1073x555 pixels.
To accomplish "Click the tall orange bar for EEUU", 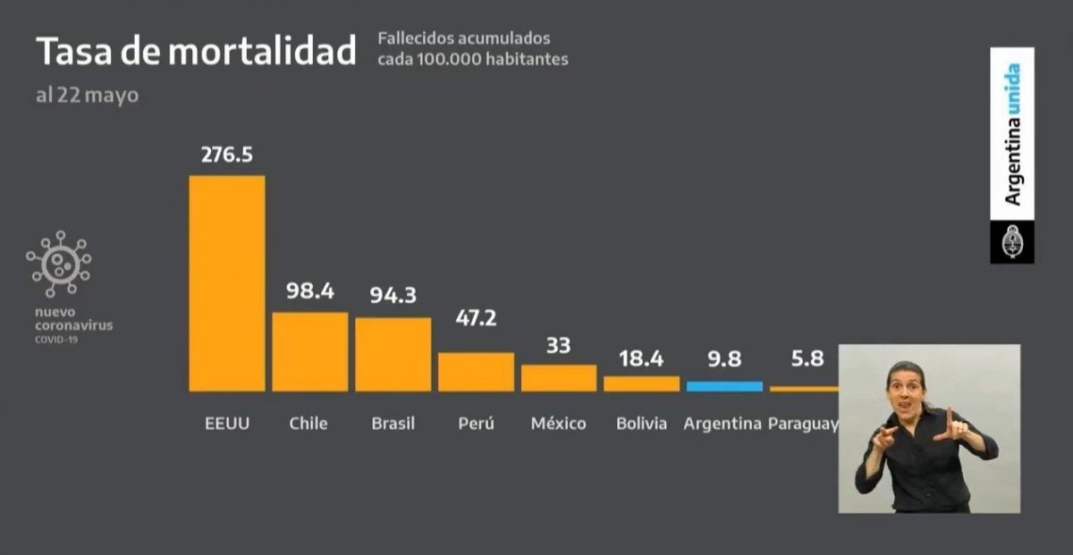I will tap(227, 283).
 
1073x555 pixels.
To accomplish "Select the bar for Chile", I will tap(309, 351).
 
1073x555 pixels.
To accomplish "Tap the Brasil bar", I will tap(393, 354).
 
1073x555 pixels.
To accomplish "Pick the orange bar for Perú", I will tap(476, 372).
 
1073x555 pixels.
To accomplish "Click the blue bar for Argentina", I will tap(724, 386).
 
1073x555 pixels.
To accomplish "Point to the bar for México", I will tap(559, 377).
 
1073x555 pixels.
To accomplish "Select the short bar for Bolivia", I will tap(641, 383).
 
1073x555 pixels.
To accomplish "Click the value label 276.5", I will tap(227, 155).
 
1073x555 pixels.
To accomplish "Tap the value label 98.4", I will tap(309, 291).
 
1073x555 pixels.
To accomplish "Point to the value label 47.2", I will tap(476, 318).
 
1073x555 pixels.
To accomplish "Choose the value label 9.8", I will tap(724, 358).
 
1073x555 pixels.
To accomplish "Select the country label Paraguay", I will tap(803, 423).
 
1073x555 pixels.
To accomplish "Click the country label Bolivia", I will tap(641, 423).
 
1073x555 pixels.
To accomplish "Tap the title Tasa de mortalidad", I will tap(196, 52).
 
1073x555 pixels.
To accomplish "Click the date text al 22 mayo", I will tap(87, 95).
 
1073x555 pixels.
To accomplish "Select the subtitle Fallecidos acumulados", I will tap(464, 39).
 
